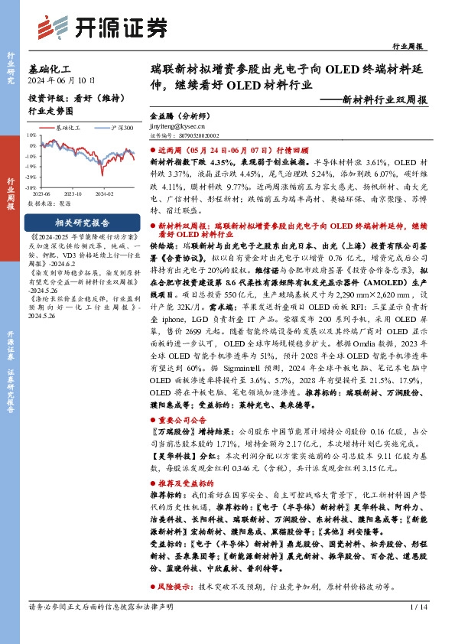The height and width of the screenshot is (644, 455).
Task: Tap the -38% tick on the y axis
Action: tap(31, 187)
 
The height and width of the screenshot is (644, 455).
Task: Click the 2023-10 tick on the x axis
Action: tap(76, 194)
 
